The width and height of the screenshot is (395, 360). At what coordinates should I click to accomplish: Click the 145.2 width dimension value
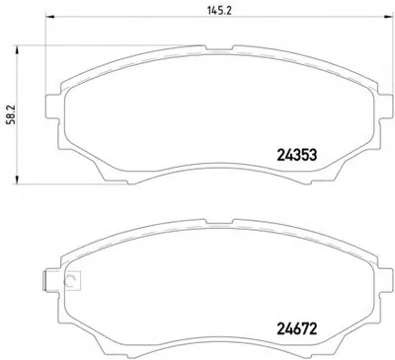pyautogui.click(x=220, y=10)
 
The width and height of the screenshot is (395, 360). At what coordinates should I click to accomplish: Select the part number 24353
pyautogui.click(x=297, y=155)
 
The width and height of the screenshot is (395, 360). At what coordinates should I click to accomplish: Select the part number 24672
pyautogui.click(x=297, y=328)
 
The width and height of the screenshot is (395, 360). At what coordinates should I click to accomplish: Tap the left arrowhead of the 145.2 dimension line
pyautogui.click(x=49, y=17)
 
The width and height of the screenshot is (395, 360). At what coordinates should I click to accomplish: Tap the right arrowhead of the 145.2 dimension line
pyautogui.click(x=390, y=17)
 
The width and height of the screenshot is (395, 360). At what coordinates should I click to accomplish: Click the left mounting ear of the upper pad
pyautogui.click(x=52, y=107)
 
